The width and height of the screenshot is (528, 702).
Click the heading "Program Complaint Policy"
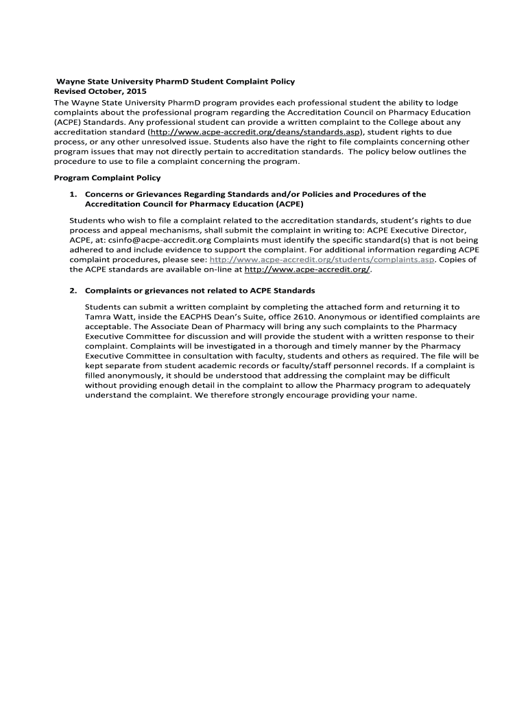pos(107,178)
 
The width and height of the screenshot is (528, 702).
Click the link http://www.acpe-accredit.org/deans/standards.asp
pos(255,131)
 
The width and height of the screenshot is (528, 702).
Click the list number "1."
pos(72,195)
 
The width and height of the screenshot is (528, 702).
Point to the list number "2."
pos(72,291)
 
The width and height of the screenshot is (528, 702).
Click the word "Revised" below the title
pos(70,91)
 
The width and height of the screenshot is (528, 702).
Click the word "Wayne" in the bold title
pos(69,81)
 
